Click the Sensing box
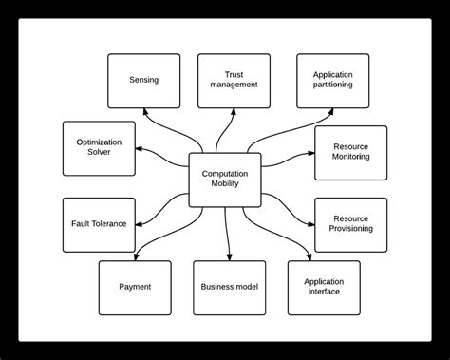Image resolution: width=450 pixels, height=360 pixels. point(143,80)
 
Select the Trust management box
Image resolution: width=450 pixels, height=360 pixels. point(234,80)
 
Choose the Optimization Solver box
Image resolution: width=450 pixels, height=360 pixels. point(99,148)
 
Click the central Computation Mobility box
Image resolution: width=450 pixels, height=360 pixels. point(225,180)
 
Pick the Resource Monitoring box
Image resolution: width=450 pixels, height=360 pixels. point(351,153)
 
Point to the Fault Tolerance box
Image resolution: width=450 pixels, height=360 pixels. point(99,224)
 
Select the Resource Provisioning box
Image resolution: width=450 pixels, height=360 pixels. point(351,223)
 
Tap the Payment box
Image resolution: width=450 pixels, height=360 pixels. point(135,286)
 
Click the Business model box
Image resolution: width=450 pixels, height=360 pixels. point(229,286)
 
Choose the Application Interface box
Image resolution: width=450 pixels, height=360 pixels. point(324,286)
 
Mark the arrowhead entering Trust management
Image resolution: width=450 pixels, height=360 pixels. point(233,111)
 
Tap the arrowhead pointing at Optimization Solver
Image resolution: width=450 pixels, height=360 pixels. point(140,148)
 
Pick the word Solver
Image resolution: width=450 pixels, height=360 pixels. point(99,155)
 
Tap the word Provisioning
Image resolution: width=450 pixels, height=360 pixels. point(351,229)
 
